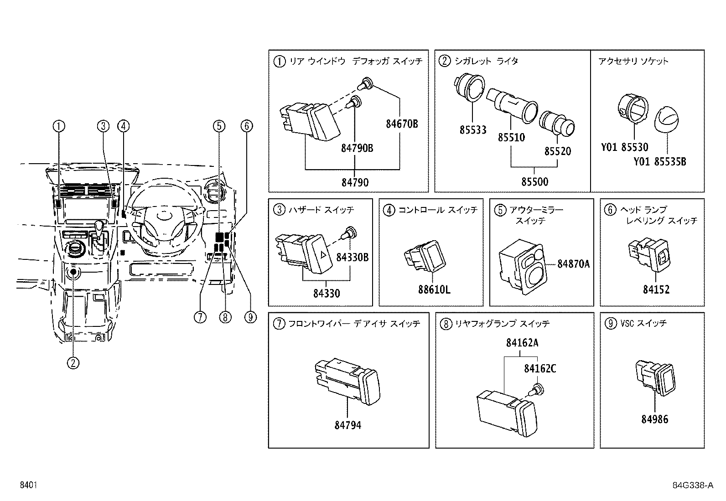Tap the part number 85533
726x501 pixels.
pos(473,130)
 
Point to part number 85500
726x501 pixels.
pos(535,182)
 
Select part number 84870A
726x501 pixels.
pos(574,263)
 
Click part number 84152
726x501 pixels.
pos(656,289)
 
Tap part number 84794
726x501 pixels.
pos(347,425)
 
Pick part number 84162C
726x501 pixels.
pos(540,368)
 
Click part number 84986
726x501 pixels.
pos(654,419)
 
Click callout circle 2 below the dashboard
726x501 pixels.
pos(73,363)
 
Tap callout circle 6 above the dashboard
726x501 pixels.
pos(246,126)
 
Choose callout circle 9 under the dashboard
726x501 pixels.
pos(250,317)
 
